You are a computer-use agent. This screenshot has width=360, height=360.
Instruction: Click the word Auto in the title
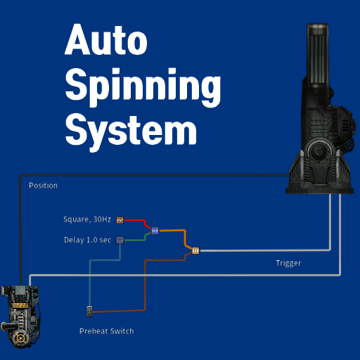click(106, 39)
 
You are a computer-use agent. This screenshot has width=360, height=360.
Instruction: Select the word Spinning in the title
click(143, 86)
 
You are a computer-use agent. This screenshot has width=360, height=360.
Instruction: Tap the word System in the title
click(131, 131)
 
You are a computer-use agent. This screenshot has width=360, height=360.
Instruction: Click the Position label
click(43, 186)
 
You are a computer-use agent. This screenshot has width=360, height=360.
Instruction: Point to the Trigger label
click(288, 263)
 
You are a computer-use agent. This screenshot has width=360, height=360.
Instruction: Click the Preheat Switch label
click(107, 331)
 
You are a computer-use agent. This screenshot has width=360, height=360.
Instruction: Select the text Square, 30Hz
click(87, 219)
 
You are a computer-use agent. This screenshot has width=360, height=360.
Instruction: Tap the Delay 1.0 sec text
click(87, 240)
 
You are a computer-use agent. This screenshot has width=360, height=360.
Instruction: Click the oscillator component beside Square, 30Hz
click(120, 220)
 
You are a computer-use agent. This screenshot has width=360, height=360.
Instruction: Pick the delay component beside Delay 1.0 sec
click(120, 240)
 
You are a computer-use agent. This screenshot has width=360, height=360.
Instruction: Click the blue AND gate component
click(155, 231)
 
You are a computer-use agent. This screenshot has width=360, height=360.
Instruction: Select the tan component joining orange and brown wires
click(195, 251)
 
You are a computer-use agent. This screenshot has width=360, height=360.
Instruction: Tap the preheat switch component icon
click(89, 311)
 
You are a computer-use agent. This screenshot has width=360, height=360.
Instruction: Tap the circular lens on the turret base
click(319, 151)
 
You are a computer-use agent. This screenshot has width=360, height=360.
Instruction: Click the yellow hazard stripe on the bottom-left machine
click(20, 305)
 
